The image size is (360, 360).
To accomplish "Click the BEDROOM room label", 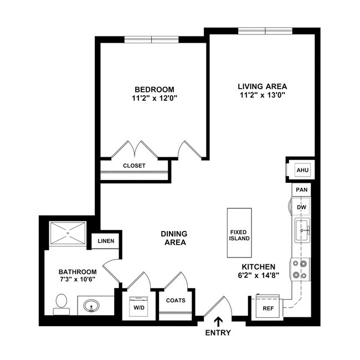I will click(x=155, y=89).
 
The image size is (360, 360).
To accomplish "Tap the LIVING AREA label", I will click(x=262, y=86).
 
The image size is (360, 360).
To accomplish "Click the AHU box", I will click(x=302, y=170).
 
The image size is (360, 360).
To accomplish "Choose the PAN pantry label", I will click(x=302, y=189).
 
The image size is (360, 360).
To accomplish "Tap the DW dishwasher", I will click(x=302, y=207).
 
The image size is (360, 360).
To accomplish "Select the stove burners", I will click(x=301, y=269).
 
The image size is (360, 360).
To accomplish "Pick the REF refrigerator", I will click(x=268, y=308).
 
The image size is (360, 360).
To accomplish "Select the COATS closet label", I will click(x=176, y=301).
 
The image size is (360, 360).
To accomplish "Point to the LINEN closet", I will click(x=106, y=241).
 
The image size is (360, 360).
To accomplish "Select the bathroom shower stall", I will click(x=68, y=233).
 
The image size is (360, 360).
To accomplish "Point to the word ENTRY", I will click(x=218, y=333).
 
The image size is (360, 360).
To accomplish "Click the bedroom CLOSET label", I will click(x=134, y=166).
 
